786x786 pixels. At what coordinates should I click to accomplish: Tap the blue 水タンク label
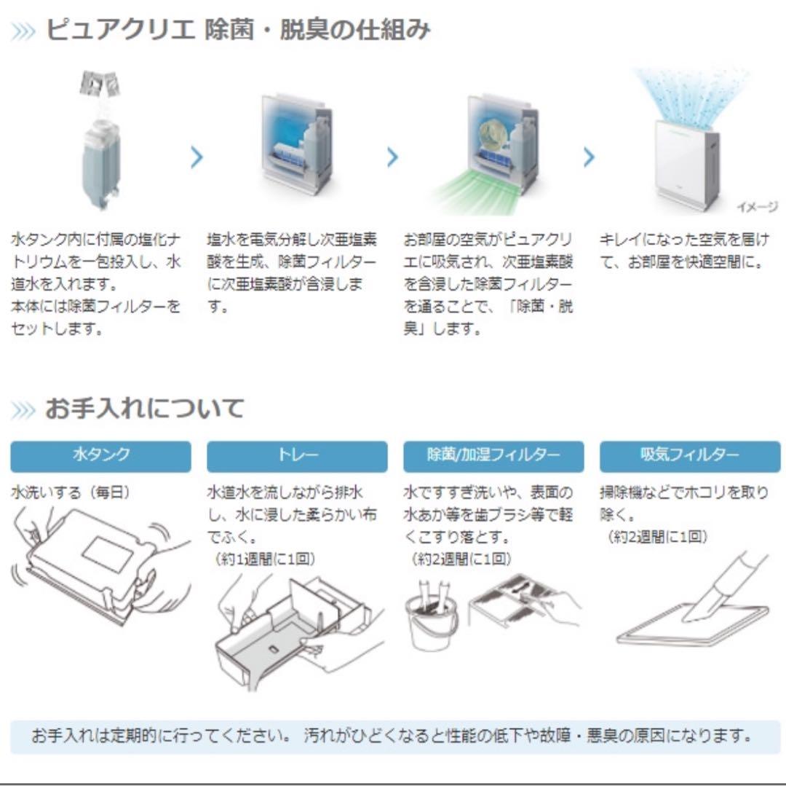pos(100,456)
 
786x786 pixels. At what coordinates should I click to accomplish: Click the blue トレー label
pos(297,456)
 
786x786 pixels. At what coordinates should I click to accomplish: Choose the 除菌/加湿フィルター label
pos(493,456)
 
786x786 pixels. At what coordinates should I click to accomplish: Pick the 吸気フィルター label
pos(689,456)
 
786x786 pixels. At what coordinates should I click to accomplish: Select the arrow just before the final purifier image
pos(589,157)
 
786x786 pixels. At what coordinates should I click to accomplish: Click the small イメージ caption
pos(757,207)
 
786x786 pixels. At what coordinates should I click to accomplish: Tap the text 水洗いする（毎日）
pos(71,492)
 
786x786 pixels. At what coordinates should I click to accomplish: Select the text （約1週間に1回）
pos(265,559)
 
